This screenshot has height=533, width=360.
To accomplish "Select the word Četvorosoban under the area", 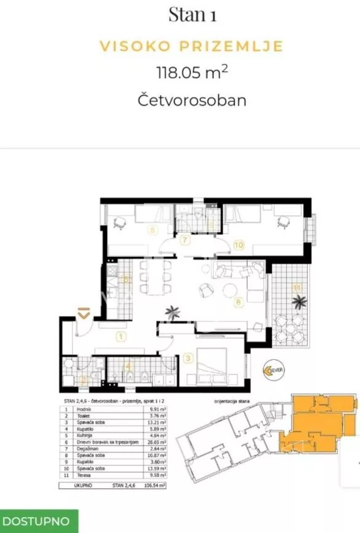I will click(192, 100).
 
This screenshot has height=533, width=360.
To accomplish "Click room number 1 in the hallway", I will click(121, 336).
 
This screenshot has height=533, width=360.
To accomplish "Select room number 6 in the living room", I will click(237, 302).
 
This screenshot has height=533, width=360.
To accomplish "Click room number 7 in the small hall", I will click(184, 240).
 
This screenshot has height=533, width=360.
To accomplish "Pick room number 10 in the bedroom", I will click(238, 245).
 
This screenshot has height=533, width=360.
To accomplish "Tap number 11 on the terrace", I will click(296, 286).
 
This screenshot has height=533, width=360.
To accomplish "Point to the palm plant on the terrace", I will click(300, 301).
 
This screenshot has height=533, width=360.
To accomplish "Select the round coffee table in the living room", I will click(229, 290).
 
